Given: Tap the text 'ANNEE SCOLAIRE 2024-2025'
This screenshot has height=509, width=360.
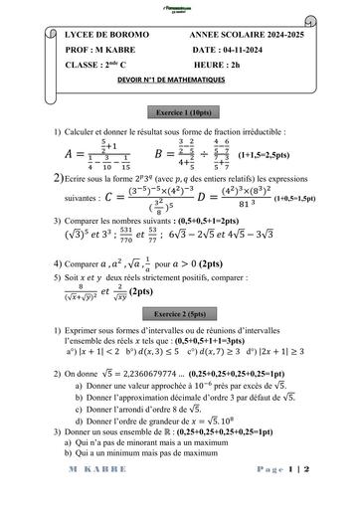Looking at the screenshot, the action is (x=246, y=35).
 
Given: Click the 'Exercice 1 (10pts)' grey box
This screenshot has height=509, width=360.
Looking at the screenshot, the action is (x=179, y=111).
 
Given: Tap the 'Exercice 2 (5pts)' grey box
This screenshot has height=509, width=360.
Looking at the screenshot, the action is (x=178, y=312).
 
